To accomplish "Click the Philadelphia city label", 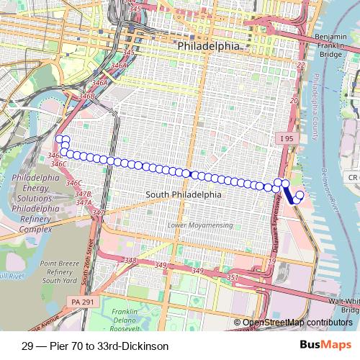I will click(208, 45).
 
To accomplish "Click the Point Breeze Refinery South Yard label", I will click(59, 271).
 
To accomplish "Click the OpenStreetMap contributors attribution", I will click(297, 323).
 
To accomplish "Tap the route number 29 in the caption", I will click(27, 346).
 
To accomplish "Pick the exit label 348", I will click(130, 261).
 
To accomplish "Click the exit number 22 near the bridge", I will click(301, 66).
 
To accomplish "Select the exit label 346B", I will click(87, 96).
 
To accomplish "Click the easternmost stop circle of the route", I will click(300, 194).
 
